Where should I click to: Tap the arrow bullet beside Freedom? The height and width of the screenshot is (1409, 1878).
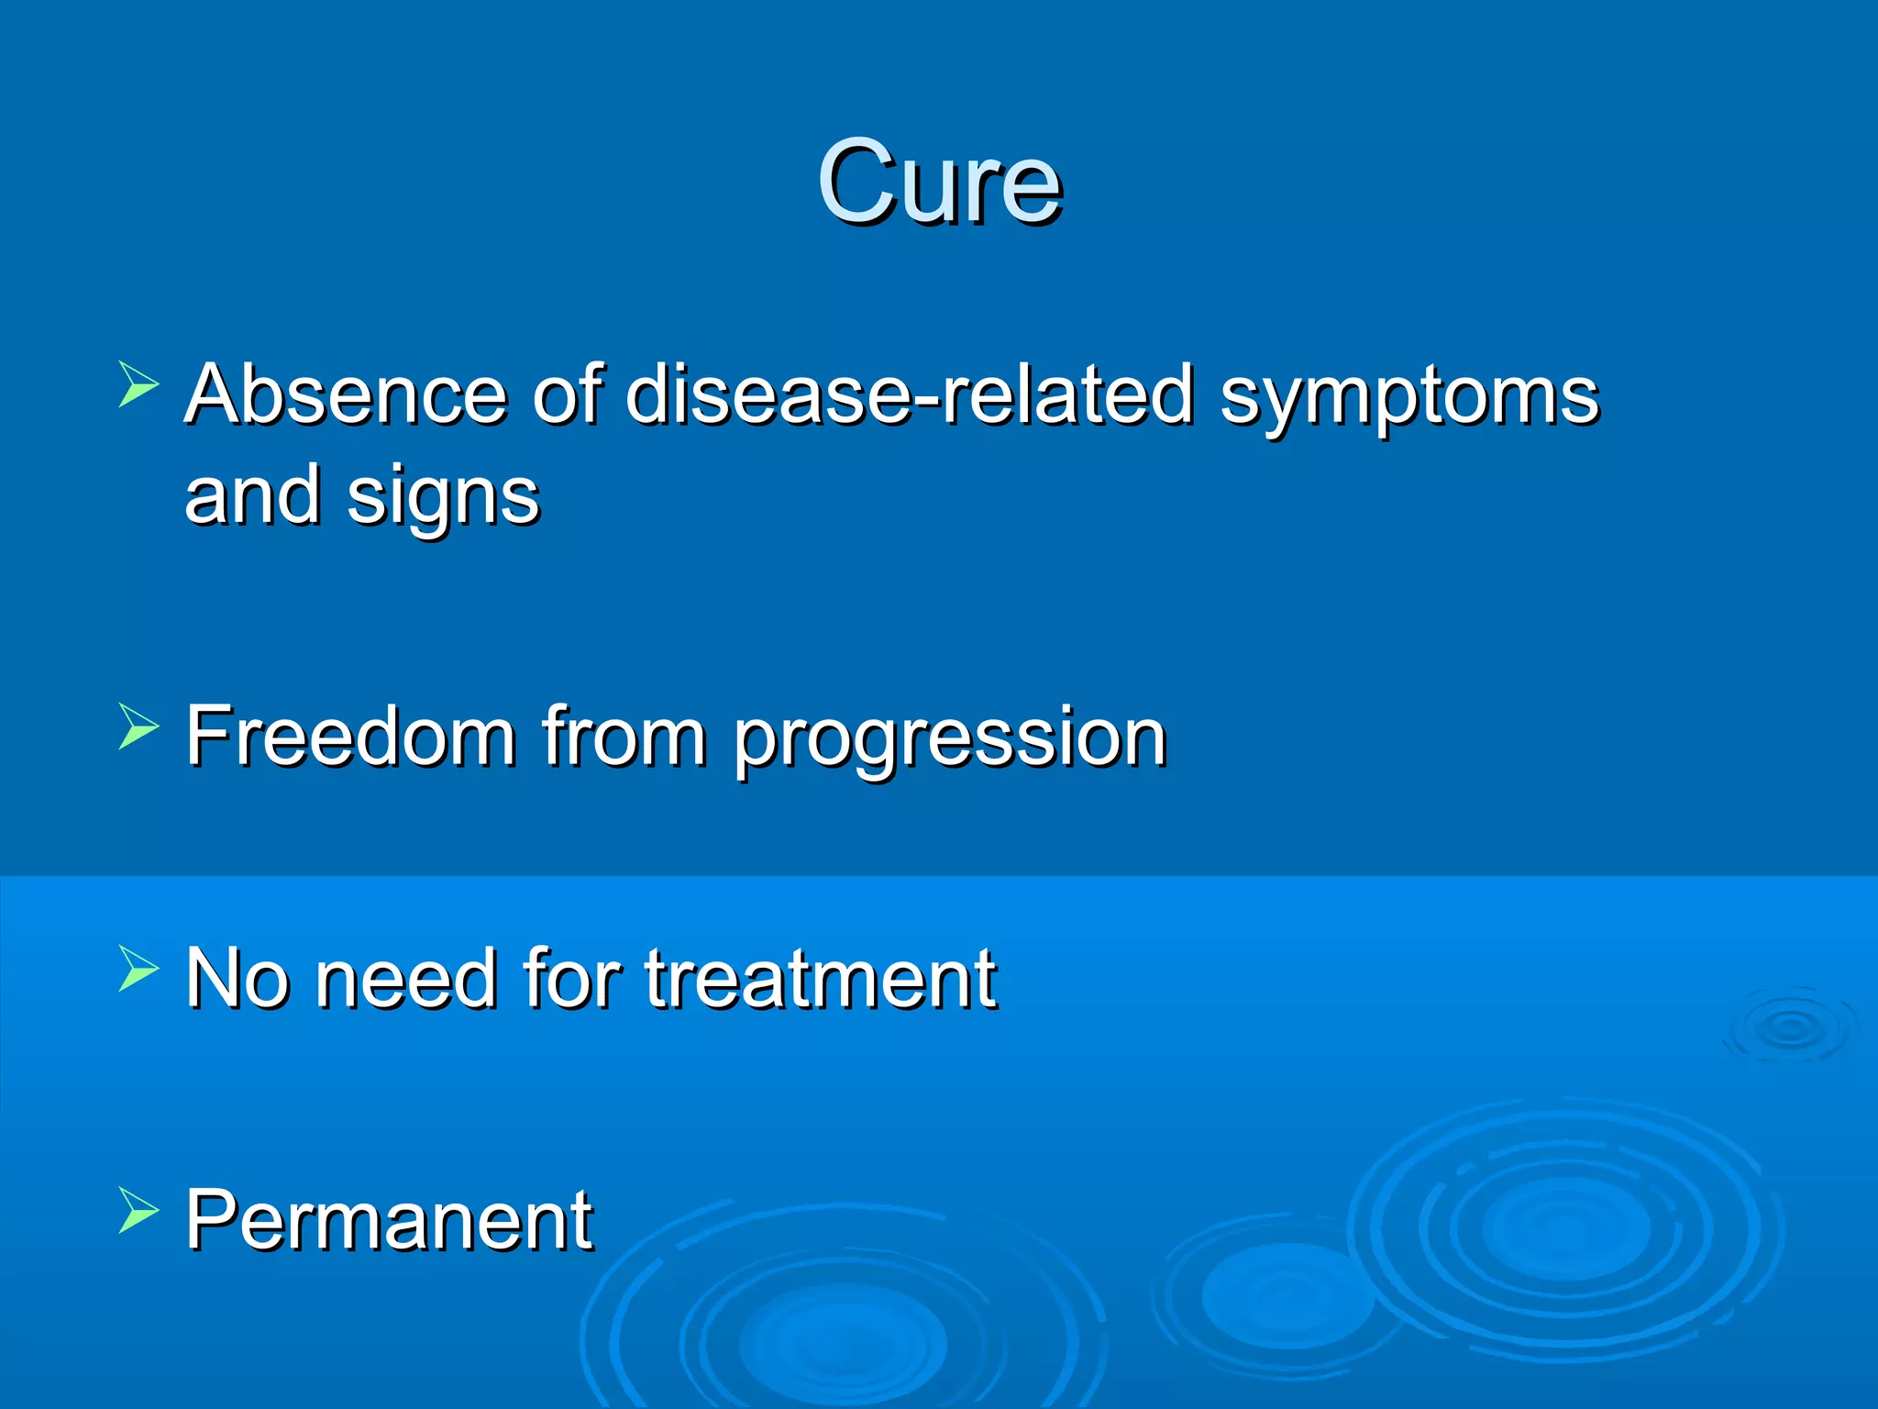point(138,727)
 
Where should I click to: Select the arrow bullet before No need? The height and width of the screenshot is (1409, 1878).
point(138,969)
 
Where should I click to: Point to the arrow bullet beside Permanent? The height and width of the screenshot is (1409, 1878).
point(138,1210)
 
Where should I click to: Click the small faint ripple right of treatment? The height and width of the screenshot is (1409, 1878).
point(1790,1027)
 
